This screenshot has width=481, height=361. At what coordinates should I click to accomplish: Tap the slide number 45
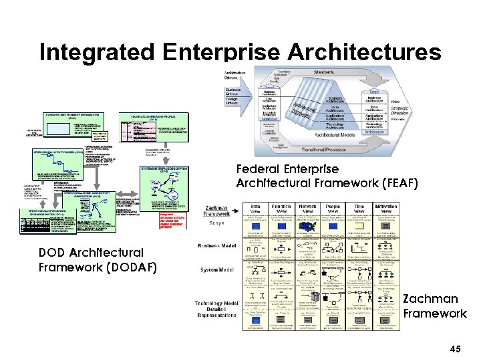click(456, 349)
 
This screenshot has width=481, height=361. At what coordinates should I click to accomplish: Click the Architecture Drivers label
click(236, 75)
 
